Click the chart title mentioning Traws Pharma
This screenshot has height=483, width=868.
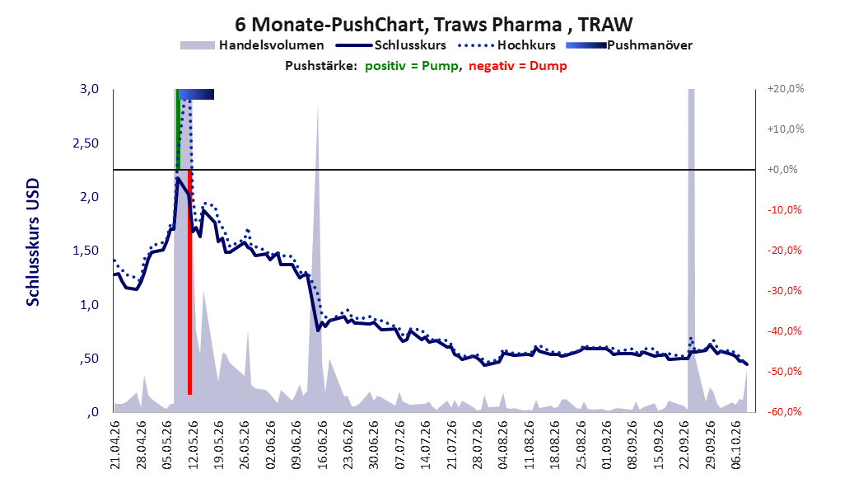[433, 25]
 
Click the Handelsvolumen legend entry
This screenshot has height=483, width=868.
[252, 45]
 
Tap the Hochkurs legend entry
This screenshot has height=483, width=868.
[506, 45]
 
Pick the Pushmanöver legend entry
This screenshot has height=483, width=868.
[629, 45]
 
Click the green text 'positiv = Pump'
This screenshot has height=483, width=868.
[412, 66]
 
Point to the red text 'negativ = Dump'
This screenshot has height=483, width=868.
[518, 66]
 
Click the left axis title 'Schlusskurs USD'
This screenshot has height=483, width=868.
[33, 242]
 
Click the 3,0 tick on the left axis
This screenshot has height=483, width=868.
[89, 89]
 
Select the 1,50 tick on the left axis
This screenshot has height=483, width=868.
[86, 251]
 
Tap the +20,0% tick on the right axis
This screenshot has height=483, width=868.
[786, 89]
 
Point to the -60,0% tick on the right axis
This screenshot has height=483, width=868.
[784, 411]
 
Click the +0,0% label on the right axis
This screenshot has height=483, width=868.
[782, 170]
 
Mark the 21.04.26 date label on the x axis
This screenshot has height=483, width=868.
[115, 445]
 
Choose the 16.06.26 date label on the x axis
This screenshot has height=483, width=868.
[322, 445]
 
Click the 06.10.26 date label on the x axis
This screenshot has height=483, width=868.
[737, 445]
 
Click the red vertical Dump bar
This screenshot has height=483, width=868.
[190, 282]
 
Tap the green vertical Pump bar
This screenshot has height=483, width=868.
[178, 129]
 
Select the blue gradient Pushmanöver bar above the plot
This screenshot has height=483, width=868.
[196, 94]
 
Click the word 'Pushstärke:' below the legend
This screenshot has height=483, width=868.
[321, 66]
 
